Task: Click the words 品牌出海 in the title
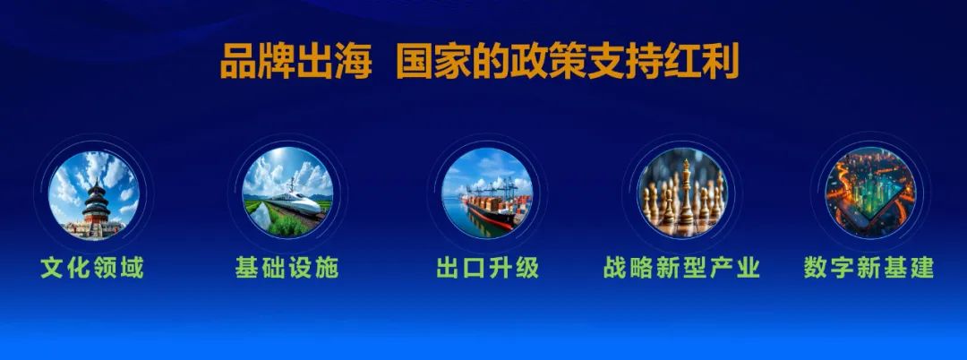pos(296,61)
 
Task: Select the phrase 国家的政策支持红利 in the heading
pos(568,61)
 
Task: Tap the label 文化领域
pos(92,268)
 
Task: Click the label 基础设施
pos(287,268)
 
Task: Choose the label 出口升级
pos(487,268)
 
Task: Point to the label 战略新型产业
pos(681,268)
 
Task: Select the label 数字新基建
pos(869,268)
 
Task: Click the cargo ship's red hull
pos(491,218)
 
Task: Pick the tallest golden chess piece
pos(686,191)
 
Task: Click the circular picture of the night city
pos(870,193)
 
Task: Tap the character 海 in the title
pos(354,61)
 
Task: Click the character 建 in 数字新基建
pos(922,268)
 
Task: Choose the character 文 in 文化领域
pos(53,268)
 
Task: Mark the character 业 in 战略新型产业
pos(748,268)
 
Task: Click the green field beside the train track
pos(284,223)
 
